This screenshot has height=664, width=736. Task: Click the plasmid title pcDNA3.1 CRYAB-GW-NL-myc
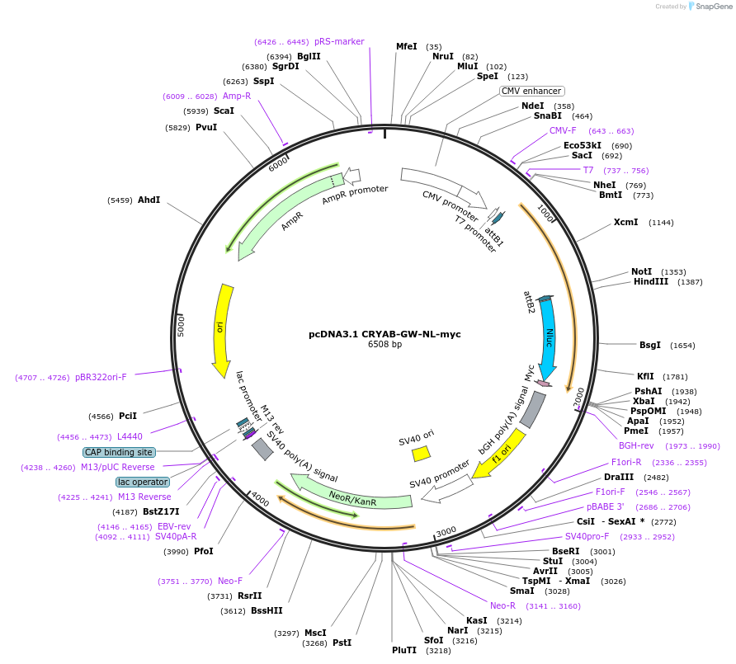(x=385, y=334)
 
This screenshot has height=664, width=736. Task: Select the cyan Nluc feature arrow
(x=548, y=338)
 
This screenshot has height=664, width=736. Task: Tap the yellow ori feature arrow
(x=222, y=330)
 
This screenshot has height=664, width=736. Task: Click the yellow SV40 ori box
(x=421, y=454)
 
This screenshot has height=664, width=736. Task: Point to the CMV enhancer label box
(x=531, y=91)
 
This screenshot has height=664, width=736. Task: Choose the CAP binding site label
(x=119, y=452)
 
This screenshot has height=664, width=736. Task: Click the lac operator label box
(x=143, y=482)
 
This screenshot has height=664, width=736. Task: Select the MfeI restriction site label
(x=407, y=46)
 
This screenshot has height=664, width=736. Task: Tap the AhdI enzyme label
(x=149, y=200)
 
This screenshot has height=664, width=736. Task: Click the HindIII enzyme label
(x=650, y=281)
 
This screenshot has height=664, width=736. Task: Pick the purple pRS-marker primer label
(x=339, y=41)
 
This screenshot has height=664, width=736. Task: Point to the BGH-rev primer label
(x=636, y=445)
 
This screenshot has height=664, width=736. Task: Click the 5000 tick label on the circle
(x=181, y=326)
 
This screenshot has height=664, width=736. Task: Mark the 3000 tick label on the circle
(x=446, y=531)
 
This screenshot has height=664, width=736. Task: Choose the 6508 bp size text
(x=385, y=344)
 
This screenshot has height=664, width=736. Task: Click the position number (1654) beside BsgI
(x=682, y=346)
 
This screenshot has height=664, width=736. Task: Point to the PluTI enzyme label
(x=404, y=650)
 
